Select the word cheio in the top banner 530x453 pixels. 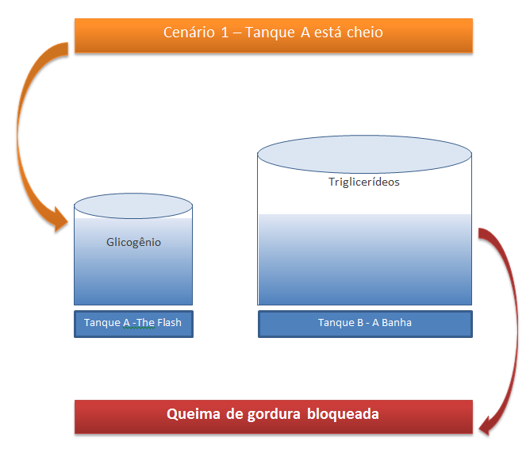pos(363,33)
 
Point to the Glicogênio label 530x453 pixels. pos(133,242)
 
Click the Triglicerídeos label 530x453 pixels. pos(364,182)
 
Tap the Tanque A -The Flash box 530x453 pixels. pos(133,324)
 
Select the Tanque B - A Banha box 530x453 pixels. pos(364,323)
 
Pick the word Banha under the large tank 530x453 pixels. pos(395,323)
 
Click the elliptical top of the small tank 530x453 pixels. pos(133,206)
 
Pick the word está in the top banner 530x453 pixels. pos(329,33)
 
